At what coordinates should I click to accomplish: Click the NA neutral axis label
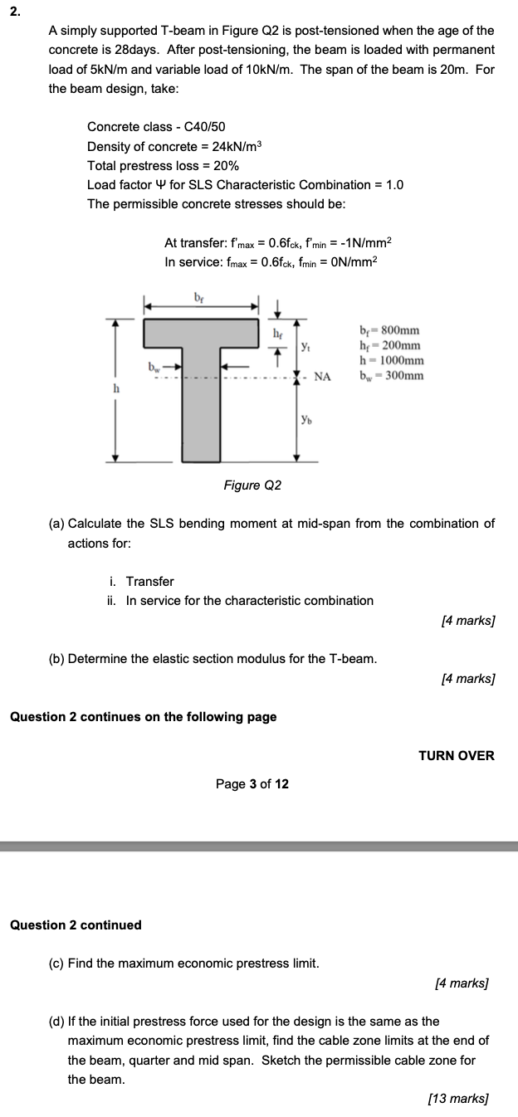click(x=322, y=376)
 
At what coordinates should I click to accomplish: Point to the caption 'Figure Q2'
click(x=252, y=485)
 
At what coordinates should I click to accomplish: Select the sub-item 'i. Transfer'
click(x=141, y=581)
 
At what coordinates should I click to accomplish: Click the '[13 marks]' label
click(x=457, y=1099)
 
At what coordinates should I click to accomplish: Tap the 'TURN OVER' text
click(x=456, y=755)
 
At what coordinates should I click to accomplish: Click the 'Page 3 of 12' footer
click(x=252, y=783)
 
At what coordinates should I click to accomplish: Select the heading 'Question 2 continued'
click(x=76, y=924)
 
